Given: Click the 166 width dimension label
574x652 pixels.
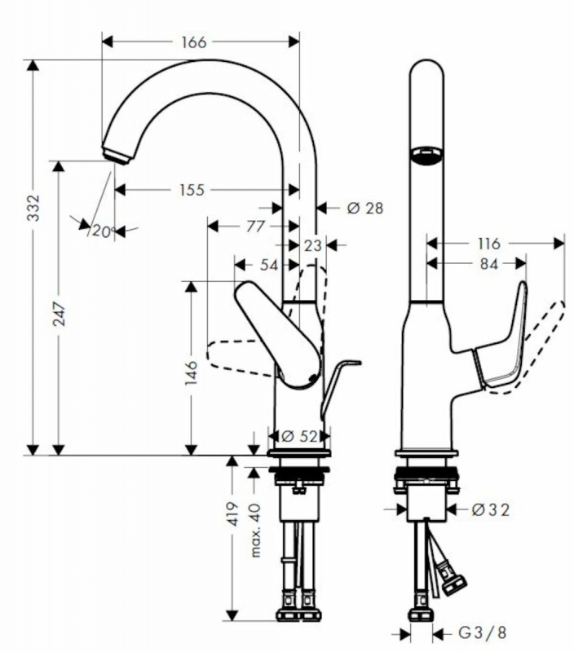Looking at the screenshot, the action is pyautogui.click(x=194, y=42).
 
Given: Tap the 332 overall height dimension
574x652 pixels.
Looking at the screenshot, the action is pyautogui.click(x=33, y=208).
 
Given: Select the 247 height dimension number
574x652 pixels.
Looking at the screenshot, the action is pyautogui.click(x=59, y=314).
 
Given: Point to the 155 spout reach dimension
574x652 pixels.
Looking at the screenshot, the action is pyautogui.click(x=192, y=190).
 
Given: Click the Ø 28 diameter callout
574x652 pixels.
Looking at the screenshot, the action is pyautogui.click(x=364, y=208).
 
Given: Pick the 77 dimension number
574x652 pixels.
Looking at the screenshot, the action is pyautogui.click(x=255, y=227).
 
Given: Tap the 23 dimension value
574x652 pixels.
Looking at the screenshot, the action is pyautogui.click(x=312, y=246).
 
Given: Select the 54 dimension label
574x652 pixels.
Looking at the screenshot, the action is pyautogui.click(x=269, y=265).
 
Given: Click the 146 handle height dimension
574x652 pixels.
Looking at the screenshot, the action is pyautogui.click(x=191, y=372).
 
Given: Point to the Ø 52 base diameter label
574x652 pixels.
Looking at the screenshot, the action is pyautogui.click(x=299, y=436).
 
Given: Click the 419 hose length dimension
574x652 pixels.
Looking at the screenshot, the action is pyautogui.click(x=233, y=514).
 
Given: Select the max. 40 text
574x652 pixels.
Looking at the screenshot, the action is pyautogui.click(x=255, y=531).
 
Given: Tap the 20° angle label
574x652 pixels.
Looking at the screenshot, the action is pyautogui.click(x=103, y=231).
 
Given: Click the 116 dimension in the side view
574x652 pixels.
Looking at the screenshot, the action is pyautogui.click(x=488, y=244).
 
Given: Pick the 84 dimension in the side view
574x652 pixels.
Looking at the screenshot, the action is pyautogui.click(x=488, y=263).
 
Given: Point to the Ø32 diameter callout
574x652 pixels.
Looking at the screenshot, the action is pyautogui.click(x=491, y=510).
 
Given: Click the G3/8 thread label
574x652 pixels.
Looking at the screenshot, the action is pyautogui.click(x=483, y=633).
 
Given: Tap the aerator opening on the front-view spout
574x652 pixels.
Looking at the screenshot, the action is pyautogui.click(x=426, y=156).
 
